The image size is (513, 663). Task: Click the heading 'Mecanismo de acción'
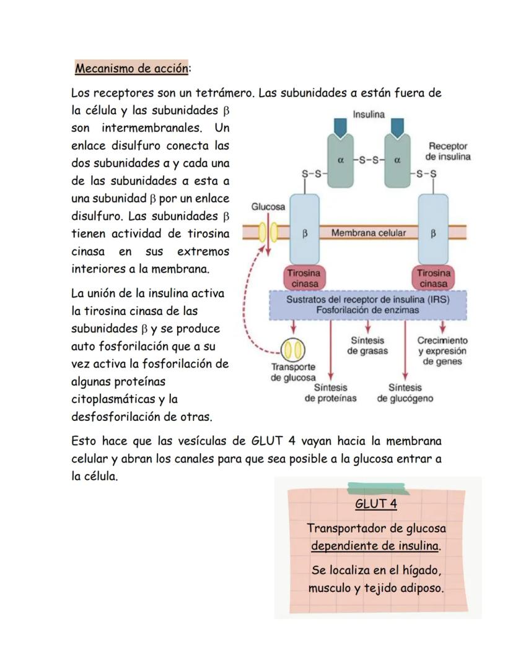coord(131,69)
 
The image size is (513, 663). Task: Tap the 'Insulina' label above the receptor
coord(369,115)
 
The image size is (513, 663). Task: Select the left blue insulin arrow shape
coord(340,126)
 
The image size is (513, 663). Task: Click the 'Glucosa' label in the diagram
coord(268,207)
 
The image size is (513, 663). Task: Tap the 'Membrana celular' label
coord(369,233)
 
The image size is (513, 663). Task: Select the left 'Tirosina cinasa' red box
coord(305,278)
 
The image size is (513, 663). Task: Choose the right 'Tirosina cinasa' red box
coord(434,278)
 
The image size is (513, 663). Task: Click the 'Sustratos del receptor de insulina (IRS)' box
coord(368,304)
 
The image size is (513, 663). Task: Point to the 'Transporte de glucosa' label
coord(293,371)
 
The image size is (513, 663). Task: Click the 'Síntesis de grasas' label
coord(367,345)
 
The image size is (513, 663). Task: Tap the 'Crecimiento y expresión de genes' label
coord(442,350)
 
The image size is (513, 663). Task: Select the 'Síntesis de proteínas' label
coord(330,392)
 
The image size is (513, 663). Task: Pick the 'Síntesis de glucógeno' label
coord(405,392)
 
